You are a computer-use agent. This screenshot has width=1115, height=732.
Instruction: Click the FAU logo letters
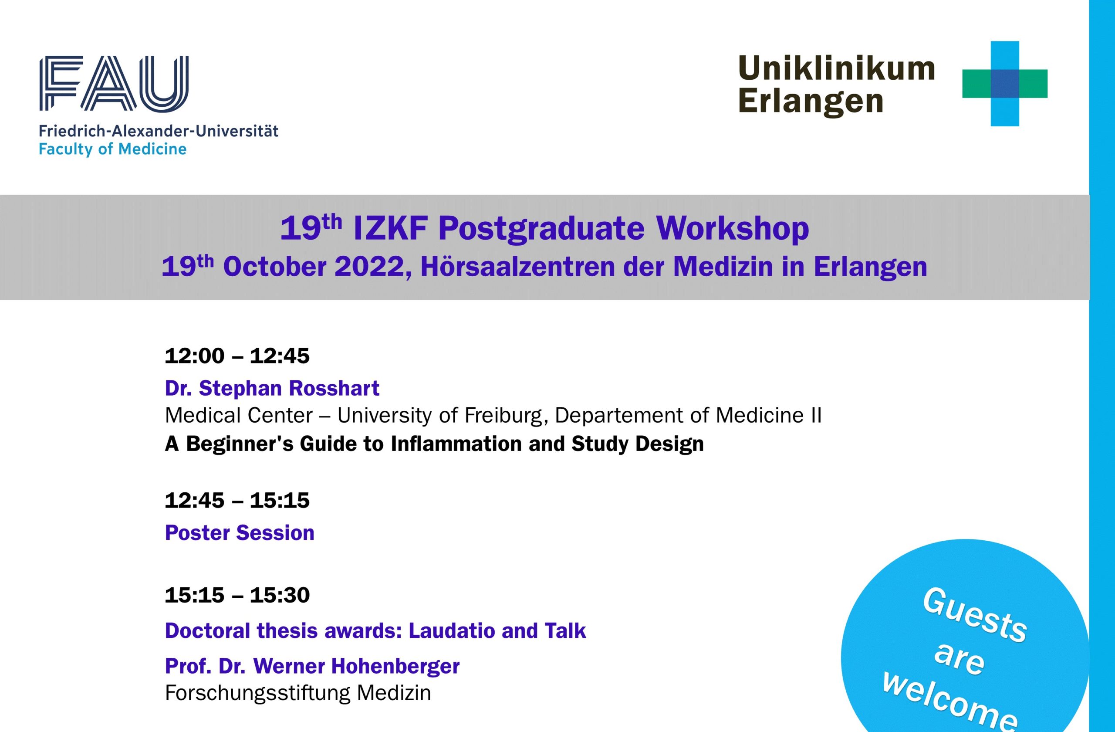coord(114,83)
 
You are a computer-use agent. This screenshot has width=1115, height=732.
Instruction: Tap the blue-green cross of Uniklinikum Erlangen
coord(1004,83)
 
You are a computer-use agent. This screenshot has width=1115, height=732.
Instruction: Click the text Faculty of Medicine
coord(112,149)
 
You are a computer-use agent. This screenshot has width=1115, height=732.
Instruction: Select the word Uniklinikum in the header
coord(837,68)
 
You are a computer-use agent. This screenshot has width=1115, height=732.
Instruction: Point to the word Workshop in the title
coord(733,229)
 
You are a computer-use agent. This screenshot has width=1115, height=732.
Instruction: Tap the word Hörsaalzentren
coord(518,266)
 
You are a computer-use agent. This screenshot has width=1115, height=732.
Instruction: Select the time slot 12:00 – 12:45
coord(237,356)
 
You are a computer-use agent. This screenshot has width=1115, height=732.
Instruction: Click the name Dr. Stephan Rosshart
coord(272,388)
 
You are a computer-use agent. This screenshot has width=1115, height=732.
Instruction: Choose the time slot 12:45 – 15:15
coord(237,501)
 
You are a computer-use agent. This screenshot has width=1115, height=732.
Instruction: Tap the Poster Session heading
coord(240,533)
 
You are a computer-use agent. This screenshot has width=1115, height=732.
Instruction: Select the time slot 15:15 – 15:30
coord(237,595)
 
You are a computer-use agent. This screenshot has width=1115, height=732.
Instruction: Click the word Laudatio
coord(451,630)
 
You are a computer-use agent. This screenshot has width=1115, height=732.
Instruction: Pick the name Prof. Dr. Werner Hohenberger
coord(312,666)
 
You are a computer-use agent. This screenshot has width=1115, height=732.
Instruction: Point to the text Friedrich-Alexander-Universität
coord(159,131)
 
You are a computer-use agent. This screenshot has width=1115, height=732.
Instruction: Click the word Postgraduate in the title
coord(541,230)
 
